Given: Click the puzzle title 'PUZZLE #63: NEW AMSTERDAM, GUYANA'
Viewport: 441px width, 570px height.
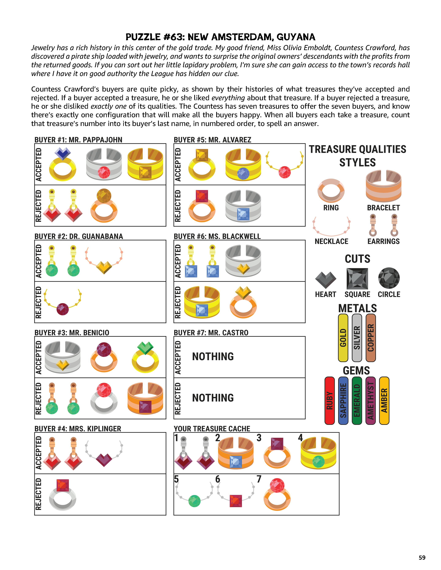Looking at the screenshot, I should click(220, 37).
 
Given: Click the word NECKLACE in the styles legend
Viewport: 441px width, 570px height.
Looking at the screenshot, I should click(331, 241).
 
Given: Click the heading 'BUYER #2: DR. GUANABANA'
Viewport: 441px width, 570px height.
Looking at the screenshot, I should click(79, 236).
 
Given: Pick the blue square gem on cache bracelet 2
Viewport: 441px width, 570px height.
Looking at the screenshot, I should click(236, 462).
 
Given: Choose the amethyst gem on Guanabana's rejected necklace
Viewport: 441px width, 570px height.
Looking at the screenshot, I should click(63, 309).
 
